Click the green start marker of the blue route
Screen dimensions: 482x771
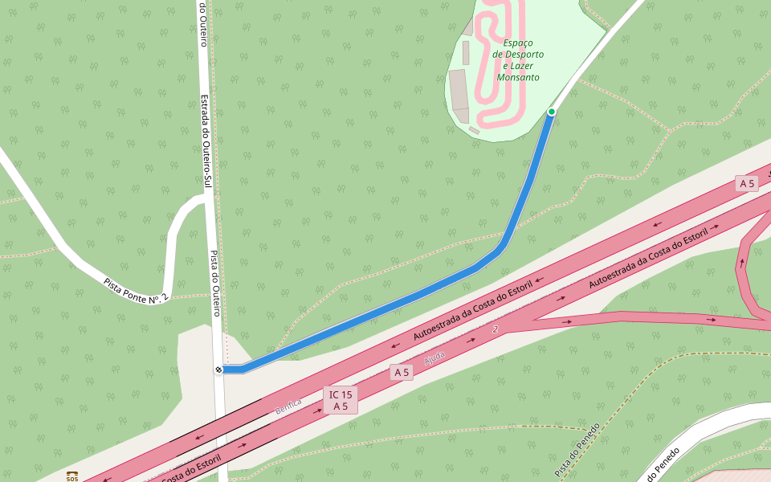click(552, 112)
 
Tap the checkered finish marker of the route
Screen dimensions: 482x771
click(218, 370)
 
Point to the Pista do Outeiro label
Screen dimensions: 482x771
click(215, 284)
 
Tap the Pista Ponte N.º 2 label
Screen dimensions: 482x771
click(136, 291)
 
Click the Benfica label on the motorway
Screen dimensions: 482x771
click(288, 406)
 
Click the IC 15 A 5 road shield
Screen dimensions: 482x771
click(341, 400)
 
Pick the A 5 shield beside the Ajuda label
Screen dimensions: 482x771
click(402, 372)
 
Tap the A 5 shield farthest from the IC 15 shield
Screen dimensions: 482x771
click(747, 184)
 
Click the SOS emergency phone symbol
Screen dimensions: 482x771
click(72, 477)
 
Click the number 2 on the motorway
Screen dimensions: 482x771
click(496, 329)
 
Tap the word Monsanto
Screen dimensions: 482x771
click(518, 78)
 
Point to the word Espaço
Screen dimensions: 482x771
click(518, 43)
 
